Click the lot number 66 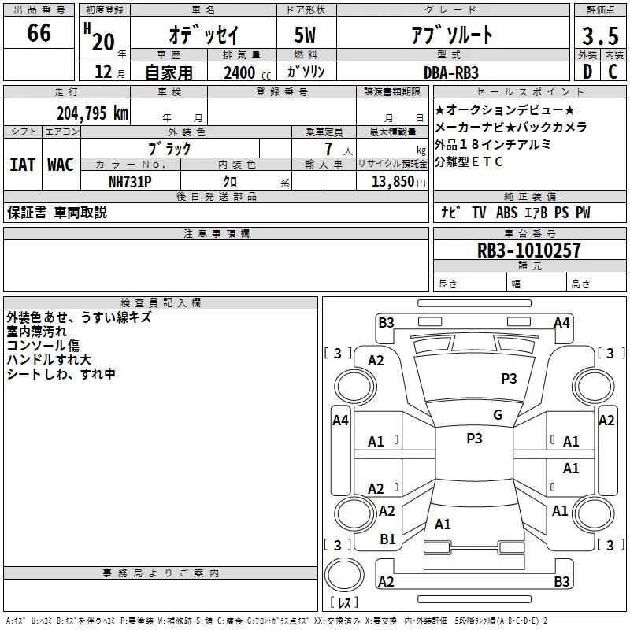(x=39, y=33)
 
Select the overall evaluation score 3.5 (x=598, y=35)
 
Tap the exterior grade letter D (x=586, y=72)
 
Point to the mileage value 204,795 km (x=91, y=112)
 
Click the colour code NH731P (x=131, y=180)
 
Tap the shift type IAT (x=22, y=164)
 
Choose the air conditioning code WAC (x=60, y=164)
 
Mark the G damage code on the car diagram (x=498, y=415)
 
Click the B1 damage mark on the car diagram (x=387, y=539)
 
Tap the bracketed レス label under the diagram (x=343, y=603)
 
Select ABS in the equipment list (x=506, y=213)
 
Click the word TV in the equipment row (x=479, y=213)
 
